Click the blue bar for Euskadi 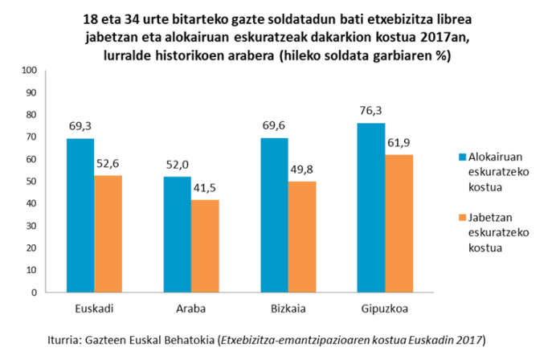click(x=80, y=215)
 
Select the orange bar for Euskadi click(x=108, y=234)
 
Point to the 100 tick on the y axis click(x=29, y=70)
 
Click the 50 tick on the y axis click(x=31, y=182)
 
